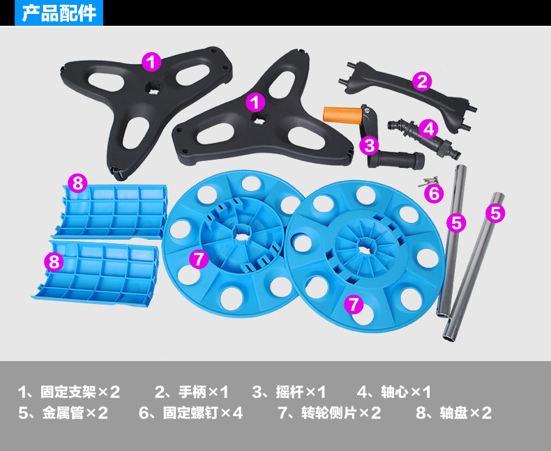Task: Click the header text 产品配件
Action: click(x=59, y=13)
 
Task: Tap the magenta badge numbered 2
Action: click(x=421, y=82)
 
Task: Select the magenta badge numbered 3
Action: click(x=370, y=145)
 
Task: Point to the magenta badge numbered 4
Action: click(x=428, y=128)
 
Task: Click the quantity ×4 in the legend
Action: click(x=232, y=413)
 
